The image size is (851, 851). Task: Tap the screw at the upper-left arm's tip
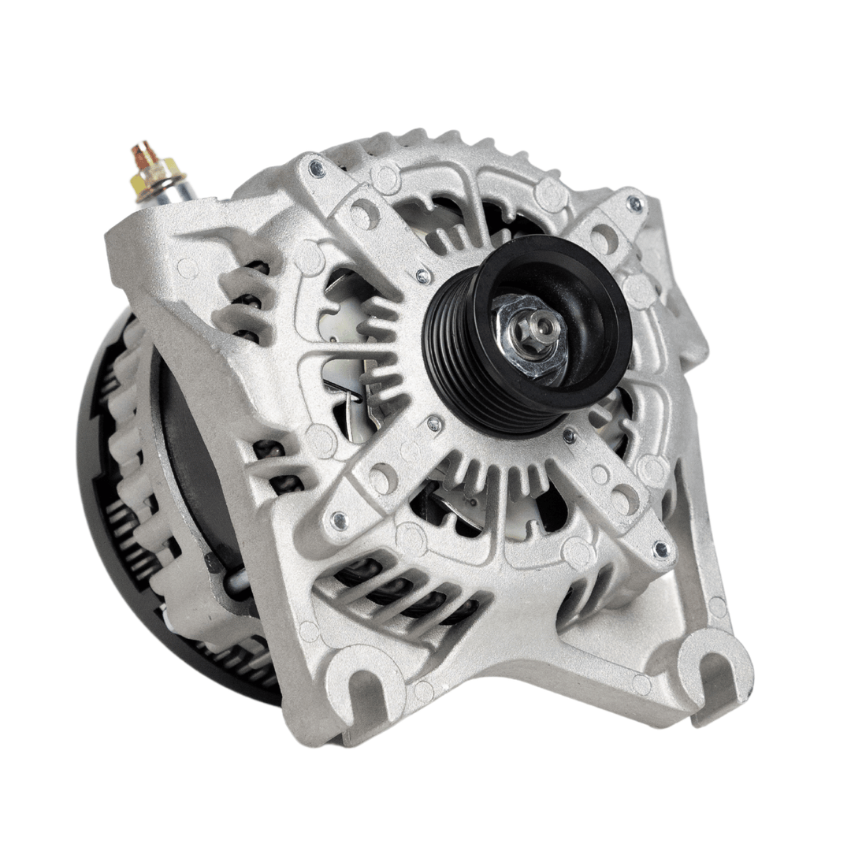pyautogui.click(x=317, y=168)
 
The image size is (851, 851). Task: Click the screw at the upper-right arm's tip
pyautogui.click(x=634, y=203)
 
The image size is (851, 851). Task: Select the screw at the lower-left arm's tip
pyautogui.click(x=340, y=519)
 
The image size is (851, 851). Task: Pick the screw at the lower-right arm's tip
pyautogui.click(x=660, y=548)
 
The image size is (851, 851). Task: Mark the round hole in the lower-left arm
pyautogui.click(x=384, y=478)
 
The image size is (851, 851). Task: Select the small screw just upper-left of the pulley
pyautogui.click(x=423, y=276)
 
